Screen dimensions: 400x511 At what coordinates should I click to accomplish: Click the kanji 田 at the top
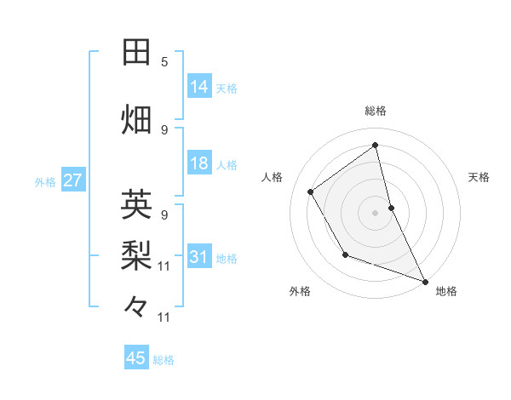coord(137,53)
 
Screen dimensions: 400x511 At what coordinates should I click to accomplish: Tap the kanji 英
coord(137,205)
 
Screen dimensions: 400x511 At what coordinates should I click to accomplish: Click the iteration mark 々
coord(137,305)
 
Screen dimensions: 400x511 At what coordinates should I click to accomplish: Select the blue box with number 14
coord(199,87)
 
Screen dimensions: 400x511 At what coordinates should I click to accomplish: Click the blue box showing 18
coord(199,163)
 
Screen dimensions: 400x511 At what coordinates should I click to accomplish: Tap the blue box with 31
coord(199,257)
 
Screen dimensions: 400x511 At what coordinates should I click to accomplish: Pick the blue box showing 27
coord(72,181)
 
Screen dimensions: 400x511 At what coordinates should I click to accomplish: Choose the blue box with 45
coord(136,358)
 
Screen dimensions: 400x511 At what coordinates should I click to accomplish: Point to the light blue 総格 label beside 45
coord(164,360)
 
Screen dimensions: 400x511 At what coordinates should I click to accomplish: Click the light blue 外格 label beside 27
coord(45,182)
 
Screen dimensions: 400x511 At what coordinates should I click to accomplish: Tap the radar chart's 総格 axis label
coord(376,111)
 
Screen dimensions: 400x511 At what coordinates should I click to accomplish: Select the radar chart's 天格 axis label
coord(479,177)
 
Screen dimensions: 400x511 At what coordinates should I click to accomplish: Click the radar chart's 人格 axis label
coord(273,177)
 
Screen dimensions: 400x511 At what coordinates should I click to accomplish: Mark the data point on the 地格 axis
coord(425,282)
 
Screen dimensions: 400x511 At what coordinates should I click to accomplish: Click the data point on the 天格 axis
coord(391,207)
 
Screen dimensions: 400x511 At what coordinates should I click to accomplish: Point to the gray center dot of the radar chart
coord(376,212)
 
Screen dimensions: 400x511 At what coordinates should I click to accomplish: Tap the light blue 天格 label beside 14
coord(227,88)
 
